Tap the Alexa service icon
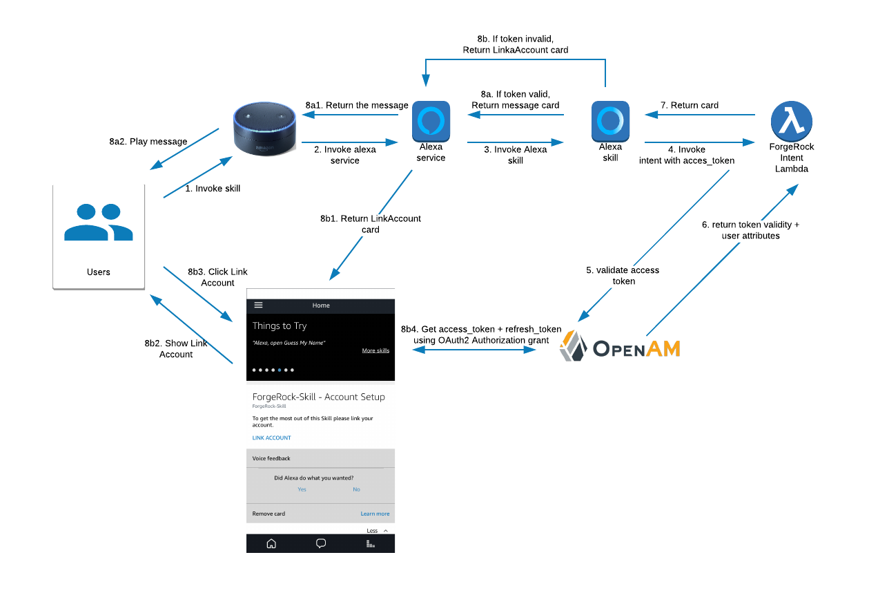pyautogui.click(x=431, y=121)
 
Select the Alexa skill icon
pyautogui.click(x=610, y=121)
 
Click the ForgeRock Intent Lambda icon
pyautogui.click(x=791, y=121)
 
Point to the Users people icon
pyautogui.click(x=98, y=223)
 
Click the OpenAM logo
pyautogui.click(x=620, y=346)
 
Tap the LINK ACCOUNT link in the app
pyautogui.click(x=271, y=438)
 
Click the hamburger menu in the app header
pyautogui.click(x=259, y=305)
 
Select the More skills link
pyautogui.click(x=375, y=350)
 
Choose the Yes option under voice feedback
pyautogui.click(x=302, y=489)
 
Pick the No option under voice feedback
pyautogui.click(x=356, y=489)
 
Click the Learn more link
pyautogui.click(x=375, y=514)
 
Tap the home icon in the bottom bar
pyautogui.click(x=271, y=543)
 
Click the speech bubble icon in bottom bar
pyautogui.click(x=321, y=543)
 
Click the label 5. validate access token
pyautogui.click(x=623, y=276)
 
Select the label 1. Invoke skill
pyautogui.click(x=213, y=188)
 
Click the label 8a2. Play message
pyautogui.click(x=148, y=142)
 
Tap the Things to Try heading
pyautogui.click(x=280, y=326)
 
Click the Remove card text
pyautogui.click(x=268, y=514)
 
